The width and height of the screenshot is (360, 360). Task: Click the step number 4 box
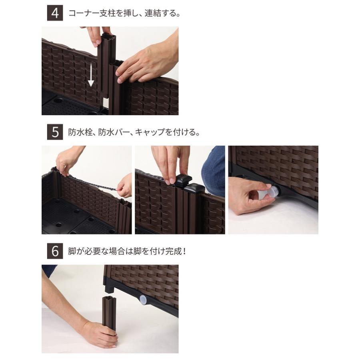(54, 13)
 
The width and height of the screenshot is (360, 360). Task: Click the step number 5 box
(54, 132)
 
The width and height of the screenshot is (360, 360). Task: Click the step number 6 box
(54, 252)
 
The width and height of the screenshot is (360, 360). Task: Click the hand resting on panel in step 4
(144, 60)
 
